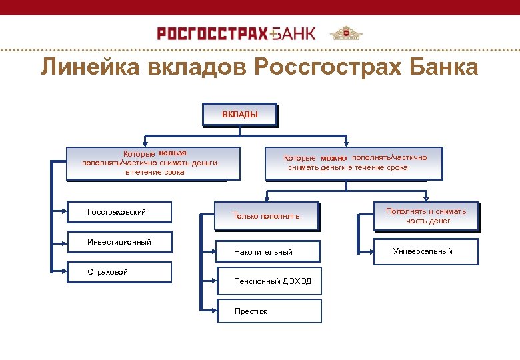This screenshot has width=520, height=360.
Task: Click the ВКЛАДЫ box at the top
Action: coord(240,115)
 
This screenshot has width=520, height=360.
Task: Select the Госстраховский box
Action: coord(120,212)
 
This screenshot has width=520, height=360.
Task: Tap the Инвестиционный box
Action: coord(120,242)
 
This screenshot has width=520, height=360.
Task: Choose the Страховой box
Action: coord(120,272)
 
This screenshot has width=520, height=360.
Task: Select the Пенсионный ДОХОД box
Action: coord(270,281)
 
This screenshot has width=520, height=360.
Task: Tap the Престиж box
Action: coord(270,311)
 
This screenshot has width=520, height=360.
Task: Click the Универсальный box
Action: coord(426,251)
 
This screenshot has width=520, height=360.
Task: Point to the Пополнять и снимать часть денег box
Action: coord(426,216)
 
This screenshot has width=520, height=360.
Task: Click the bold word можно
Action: coord(333,159)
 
